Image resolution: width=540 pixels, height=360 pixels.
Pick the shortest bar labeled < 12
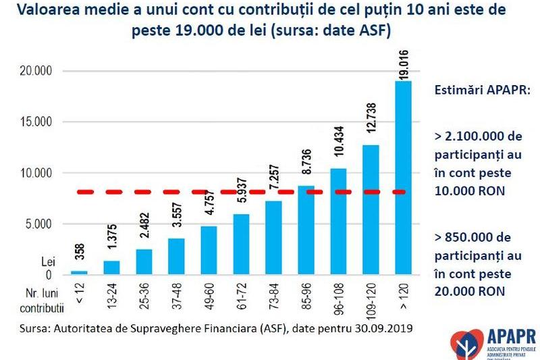click(80, 273)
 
